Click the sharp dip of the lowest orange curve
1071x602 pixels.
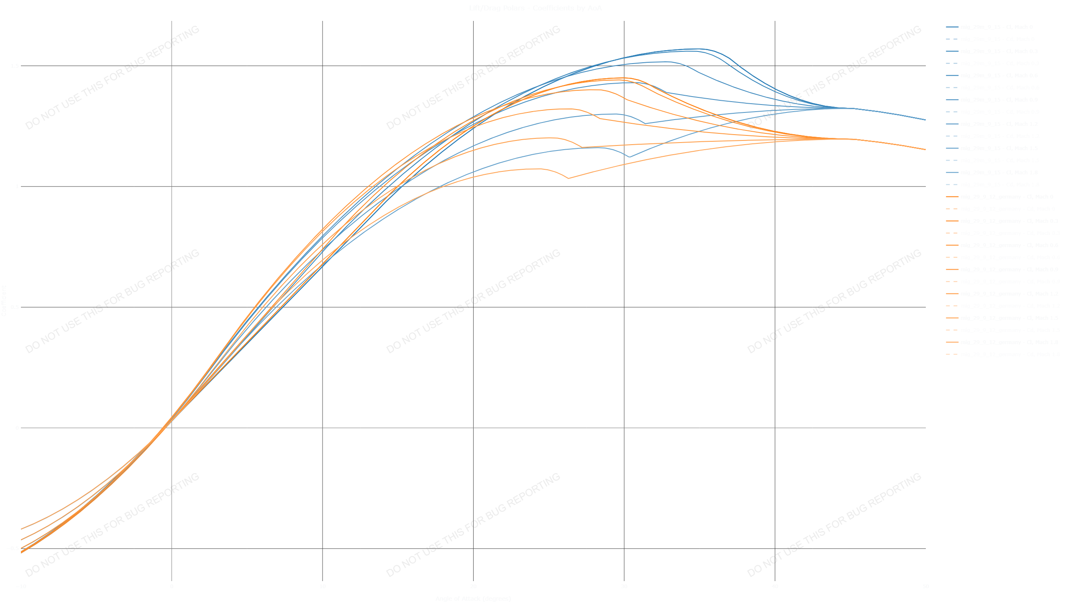[x=568, y=179]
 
